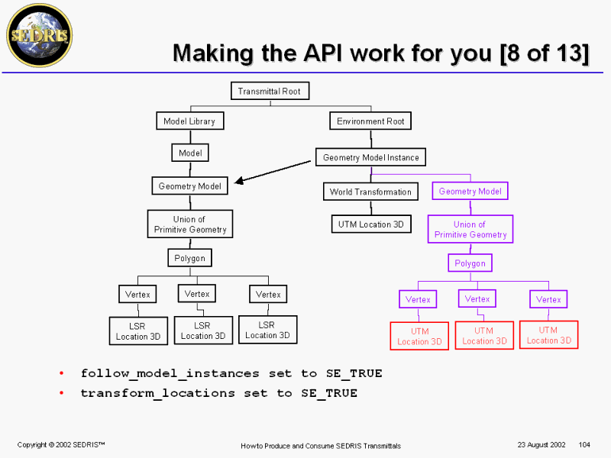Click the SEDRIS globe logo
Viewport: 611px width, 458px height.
tap(38, 35)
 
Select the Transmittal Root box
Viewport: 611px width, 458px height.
tap(269, 92)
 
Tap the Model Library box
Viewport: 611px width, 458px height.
tap(189, 121)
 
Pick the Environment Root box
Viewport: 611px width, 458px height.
tap(371, 121)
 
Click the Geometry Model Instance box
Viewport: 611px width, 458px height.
tap(370, 158)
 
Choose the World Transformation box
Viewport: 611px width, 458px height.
tap(370, 192)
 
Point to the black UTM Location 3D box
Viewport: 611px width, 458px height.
tap(371, 224)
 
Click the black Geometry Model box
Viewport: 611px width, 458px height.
tap(190, 186)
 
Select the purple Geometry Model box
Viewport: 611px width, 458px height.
tap(470, 192)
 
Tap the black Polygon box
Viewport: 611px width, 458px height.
tap(189, 258)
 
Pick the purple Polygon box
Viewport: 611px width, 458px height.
tap(470, 263)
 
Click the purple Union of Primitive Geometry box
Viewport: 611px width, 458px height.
tap(470, 230)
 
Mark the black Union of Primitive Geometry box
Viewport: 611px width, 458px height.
tap(190, 224)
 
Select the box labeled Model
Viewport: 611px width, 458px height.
tap(190, 153)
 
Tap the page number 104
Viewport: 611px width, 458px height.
tap(586, 444)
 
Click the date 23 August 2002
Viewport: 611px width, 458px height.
tap(540, 444)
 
